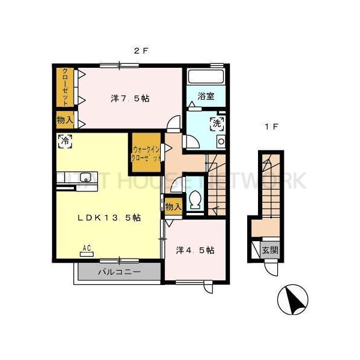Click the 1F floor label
pyautogui.click(x=271, y=126)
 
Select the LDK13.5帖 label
pyautogui.click(x=109, y=218)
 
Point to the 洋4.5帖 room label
pyautogui.click(x=196, y=250)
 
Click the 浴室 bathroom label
pyautogui.click(x=206, y=95)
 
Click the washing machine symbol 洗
pyautogui.click(x=216, y=124)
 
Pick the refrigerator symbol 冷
pyautogui.click(x=64, y=142)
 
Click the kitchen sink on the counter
pyautogui.click(x=85, y=177)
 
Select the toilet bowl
pyautogui.click(x=194, y=200)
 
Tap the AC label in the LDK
pyautogui.click(x=86, y=247)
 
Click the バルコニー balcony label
pyautogui.click(x=119, y=272)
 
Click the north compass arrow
pyautogui.click(x=294, y=298)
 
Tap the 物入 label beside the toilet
pyautogui.click(x=173, y=206)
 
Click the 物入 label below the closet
pyautogui.click(x=65, y=120)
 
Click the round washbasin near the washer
pyautogui.click(x=220, y=142)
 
